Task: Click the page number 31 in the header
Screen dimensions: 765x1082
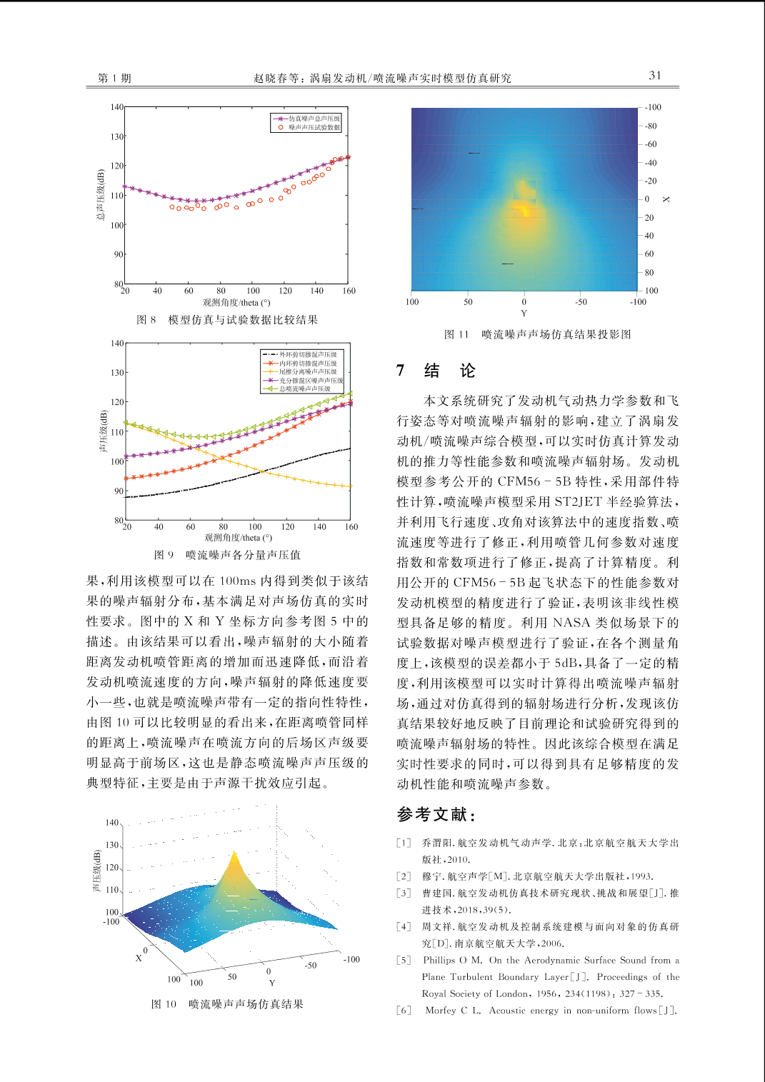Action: [x=655, y=76]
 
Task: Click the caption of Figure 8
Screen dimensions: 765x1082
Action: [x=227, y=320]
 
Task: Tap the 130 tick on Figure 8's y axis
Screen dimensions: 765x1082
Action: [x=117, y=136]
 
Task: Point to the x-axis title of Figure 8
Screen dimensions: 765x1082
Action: [x=236, y=303]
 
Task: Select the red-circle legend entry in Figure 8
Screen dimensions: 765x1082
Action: [x=309, y=128]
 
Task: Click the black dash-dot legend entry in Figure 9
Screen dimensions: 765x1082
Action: [x=302, y=354]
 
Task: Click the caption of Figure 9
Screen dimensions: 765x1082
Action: [x=227, y=555]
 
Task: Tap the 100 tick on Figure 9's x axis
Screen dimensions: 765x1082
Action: [x=255, y=526]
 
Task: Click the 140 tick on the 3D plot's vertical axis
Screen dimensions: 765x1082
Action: [x=111, y=823]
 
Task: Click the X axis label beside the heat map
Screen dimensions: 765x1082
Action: [x=666, y=199]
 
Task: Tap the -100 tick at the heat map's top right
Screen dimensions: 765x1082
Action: [x=653, y=107]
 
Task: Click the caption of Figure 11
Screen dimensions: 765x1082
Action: [x=538, y=334]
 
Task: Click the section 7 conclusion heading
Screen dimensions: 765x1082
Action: [x=436, y=371]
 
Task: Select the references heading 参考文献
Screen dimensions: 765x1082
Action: [x=436, y=815]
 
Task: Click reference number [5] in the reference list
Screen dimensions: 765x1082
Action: [x=404, y=961]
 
